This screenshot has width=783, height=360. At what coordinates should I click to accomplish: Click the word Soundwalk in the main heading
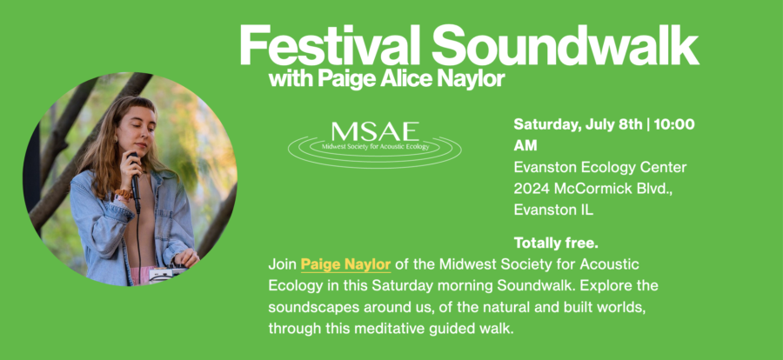[566, 44]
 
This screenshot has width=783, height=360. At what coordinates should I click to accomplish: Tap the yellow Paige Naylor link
[345, 264]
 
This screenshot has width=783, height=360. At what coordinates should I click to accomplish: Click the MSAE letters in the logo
[375, 131]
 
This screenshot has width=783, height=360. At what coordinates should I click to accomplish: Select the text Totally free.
[556, 243]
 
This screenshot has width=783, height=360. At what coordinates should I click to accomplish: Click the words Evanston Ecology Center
[600, 167]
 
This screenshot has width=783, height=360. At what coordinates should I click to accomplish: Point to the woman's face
[137, 130]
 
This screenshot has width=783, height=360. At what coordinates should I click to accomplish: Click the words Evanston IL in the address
[553, 210]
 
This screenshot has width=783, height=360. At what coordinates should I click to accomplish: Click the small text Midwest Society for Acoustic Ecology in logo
[375, 147]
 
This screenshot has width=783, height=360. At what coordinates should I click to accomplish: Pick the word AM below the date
[525, 146]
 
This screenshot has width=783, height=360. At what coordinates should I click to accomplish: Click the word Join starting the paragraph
[282, 264]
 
